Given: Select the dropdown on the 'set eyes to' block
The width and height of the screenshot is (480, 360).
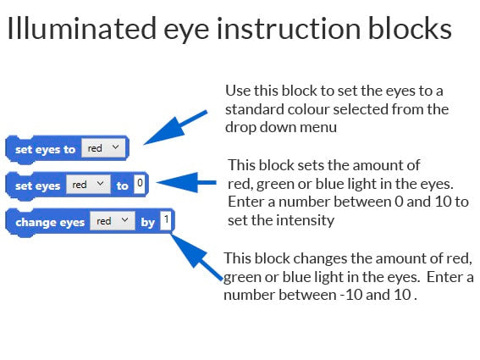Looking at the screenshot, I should (x=105, y=148).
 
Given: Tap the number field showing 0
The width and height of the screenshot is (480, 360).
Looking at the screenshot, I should (x=140, y=183).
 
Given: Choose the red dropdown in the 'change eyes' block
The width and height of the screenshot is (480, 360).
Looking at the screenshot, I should (x=113, y=221).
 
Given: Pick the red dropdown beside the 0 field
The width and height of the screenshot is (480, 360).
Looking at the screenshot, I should (x=88, y=184).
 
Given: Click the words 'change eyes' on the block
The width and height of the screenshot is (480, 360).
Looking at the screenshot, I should (x=50, y=222).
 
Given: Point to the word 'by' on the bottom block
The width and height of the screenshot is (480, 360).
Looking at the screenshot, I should (x=147, y=222).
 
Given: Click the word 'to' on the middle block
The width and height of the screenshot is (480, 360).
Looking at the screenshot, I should (x=123, y=185).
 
